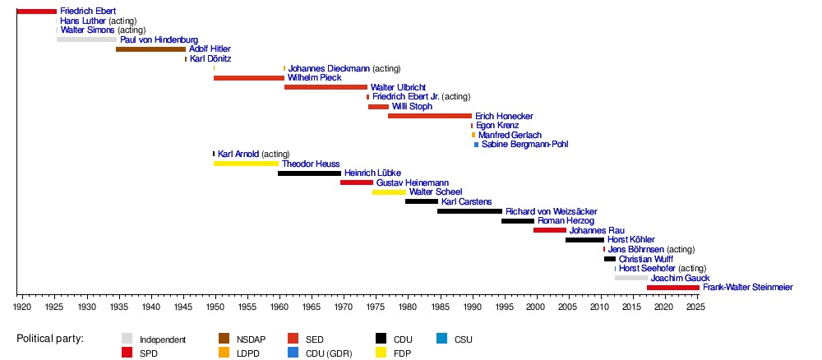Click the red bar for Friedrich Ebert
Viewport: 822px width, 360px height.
tap(36, 11)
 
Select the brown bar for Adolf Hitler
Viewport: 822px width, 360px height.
tap(150, 49)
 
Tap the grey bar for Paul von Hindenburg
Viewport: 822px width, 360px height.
tap(86, 39)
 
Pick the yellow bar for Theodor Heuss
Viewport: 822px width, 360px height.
tap(246, 164)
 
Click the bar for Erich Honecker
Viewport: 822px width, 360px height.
tap(430, 116)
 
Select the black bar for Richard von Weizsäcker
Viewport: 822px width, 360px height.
tap(469, 211)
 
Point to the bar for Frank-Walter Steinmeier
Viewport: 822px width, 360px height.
tap(672, 288)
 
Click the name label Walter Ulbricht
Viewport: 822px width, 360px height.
tap(398, 87)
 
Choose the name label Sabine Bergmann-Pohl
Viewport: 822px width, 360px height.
tap(524, 145)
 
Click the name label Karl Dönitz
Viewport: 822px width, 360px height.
tap(210, 59)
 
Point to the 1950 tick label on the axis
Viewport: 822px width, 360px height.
tap(215, 307)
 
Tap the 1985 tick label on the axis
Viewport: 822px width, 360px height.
tap(440, 307)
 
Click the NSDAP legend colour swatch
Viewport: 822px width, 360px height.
tap(224, 339)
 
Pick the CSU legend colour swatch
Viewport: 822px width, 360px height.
tap(441, 339)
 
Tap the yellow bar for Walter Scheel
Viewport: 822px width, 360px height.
tap(389, 192)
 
